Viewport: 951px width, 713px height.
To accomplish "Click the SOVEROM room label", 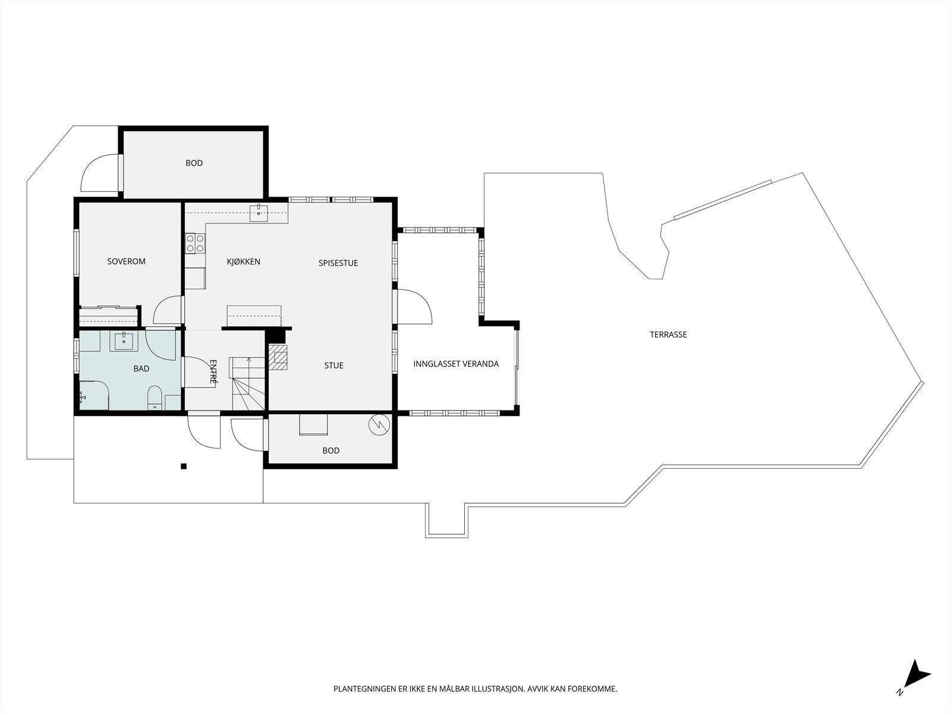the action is [x=126, y=261].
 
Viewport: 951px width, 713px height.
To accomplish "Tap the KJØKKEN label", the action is [x=244, y=261].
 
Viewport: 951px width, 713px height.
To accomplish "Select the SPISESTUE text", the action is [x=338, y=263].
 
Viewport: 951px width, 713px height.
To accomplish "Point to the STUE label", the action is [x=333, y=365].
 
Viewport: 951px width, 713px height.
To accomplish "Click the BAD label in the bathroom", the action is [x=141, y=368].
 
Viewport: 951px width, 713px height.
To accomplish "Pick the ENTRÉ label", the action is [x=213, y=371].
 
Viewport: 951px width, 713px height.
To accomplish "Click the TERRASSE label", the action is [x=668, y=335].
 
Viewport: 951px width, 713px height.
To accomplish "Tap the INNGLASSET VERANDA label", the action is [x=456, y=364].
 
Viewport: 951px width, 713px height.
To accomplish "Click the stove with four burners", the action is [x=195, y=243].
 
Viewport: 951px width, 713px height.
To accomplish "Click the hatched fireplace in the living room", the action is [x=278, y=357].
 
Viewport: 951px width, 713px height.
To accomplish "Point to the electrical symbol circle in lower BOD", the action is [x=379, y=425].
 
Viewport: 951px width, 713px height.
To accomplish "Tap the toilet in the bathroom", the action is [x=155, y=398].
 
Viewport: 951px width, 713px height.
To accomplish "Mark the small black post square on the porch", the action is [x=184, y=466].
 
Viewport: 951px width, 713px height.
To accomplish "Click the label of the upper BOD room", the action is [x=194, y=163].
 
